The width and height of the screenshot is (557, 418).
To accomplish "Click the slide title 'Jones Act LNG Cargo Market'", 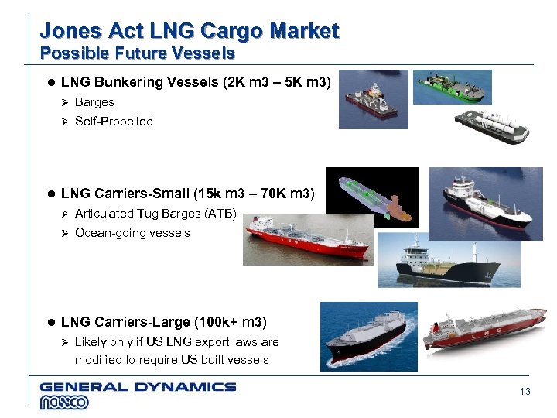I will point(189,31).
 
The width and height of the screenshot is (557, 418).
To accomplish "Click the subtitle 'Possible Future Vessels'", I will point(137,53).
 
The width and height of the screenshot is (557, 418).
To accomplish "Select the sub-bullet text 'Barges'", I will point(94,102).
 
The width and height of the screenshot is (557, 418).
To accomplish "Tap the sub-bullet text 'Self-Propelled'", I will point(114,122).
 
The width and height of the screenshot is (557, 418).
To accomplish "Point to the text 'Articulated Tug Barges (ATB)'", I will point(155,214).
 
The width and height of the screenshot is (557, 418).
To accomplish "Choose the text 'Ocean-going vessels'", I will point(132,233).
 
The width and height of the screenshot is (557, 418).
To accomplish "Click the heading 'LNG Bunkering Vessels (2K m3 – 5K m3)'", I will point(196,82).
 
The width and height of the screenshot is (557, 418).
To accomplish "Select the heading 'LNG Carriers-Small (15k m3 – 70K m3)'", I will point(187,194).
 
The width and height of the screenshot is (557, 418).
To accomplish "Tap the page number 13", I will point(525,392).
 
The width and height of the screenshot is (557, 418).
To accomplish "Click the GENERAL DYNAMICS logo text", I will point(138,386).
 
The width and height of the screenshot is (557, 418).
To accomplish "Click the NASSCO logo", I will point(64,403).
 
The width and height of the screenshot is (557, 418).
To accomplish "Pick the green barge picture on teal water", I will point(452,87).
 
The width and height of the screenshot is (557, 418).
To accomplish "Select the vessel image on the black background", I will point(371,197).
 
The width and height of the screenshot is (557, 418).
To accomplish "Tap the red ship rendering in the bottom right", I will point(485,327).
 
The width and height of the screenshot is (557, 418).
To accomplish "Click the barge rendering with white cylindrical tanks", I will point(491,125).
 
